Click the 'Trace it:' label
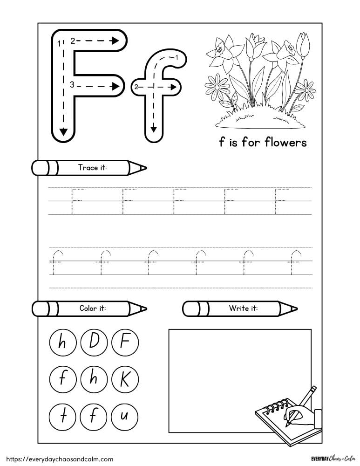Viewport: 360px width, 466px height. tap(93, 168)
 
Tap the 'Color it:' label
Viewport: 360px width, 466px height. tap(93, 308)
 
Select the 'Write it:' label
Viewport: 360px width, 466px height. tap(243, 308)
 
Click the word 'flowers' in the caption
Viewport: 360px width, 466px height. tap(285, 142)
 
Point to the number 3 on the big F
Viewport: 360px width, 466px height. tap(72, 84)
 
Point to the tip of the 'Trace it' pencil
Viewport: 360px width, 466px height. tap(145, 168)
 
